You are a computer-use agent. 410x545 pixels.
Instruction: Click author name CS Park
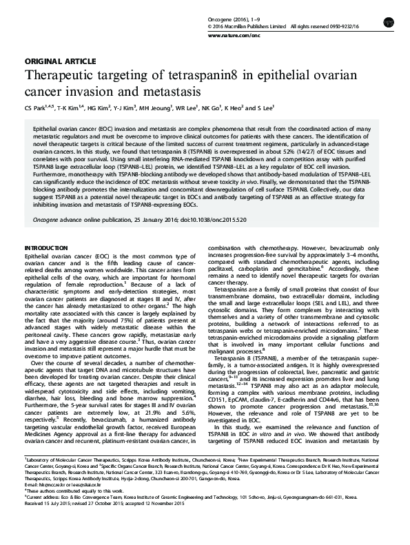click(x=33, y=108)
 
